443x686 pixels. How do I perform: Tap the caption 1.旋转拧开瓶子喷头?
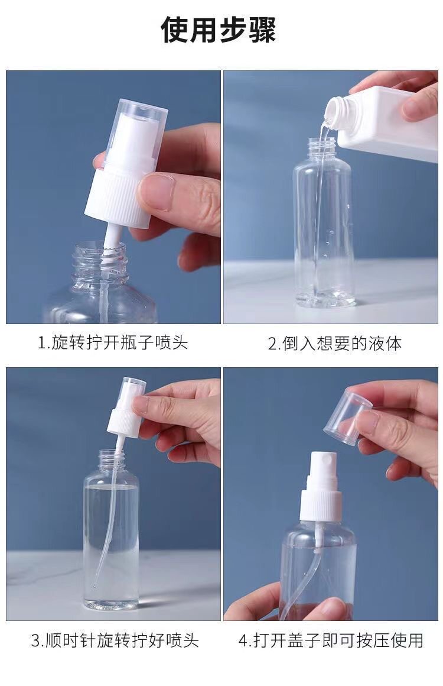tap(113, 342)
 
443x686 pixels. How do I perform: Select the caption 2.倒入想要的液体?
tap(335, 344)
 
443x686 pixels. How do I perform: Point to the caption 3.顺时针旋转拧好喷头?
tap(115, 641)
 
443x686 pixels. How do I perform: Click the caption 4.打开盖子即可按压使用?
tap(331, 640)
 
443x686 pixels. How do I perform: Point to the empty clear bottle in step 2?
tap(323, 223)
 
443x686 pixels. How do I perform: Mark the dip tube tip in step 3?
tap(95, 584)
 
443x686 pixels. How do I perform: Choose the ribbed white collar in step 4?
tap(322, 504)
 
